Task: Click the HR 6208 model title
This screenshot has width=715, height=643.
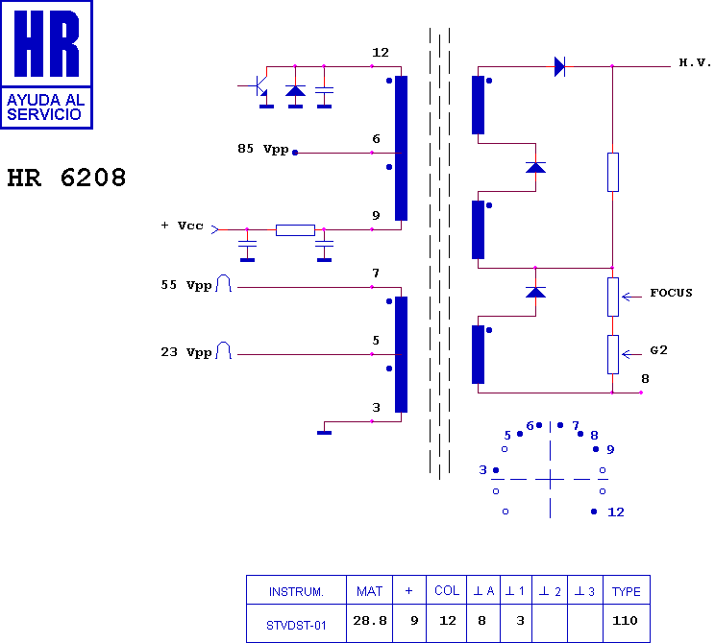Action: click(66, 178)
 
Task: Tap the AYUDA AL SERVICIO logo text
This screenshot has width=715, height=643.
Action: click(45, 107)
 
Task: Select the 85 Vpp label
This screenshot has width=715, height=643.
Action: click(263, 149)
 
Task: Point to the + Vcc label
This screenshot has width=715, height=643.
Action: click(182, 226)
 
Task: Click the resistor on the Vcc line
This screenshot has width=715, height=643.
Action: click(295, 230)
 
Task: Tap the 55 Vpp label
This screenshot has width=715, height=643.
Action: click(186, 286)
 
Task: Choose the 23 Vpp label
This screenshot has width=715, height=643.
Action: click(186, 352)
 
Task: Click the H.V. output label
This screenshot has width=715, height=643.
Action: click(695, 62)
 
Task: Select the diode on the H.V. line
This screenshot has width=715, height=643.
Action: click(560, 67)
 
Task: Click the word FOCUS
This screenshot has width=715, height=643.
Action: click(671, 293)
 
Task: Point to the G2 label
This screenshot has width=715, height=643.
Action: click(659, 350)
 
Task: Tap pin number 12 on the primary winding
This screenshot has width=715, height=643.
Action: click(381, 53)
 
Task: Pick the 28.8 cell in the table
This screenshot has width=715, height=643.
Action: click(370, 620)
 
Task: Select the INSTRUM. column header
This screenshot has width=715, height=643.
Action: click(296, 591)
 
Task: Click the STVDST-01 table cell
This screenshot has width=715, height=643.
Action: click(296, 626)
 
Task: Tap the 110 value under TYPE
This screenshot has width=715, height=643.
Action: click(625, 620)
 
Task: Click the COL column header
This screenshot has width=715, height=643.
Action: click(447, 590)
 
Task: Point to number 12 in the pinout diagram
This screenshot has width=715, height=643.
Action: click(616, 512)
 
